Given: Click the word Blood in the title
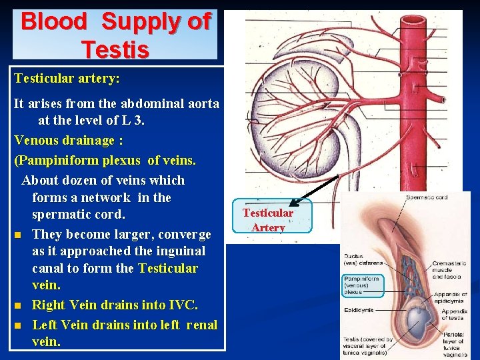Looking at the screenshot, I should (54, 21).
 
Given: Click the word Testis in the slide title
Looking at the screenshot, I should (115, 48).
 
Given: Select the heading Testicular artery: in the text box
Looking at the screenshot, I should (67, 79).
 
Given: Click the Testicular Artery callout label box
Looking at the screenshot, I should (267, 220).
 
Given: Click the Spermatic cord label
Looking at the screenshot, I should (426, 197).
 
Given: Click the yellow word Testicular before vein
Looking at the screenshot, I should (168, 269).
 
